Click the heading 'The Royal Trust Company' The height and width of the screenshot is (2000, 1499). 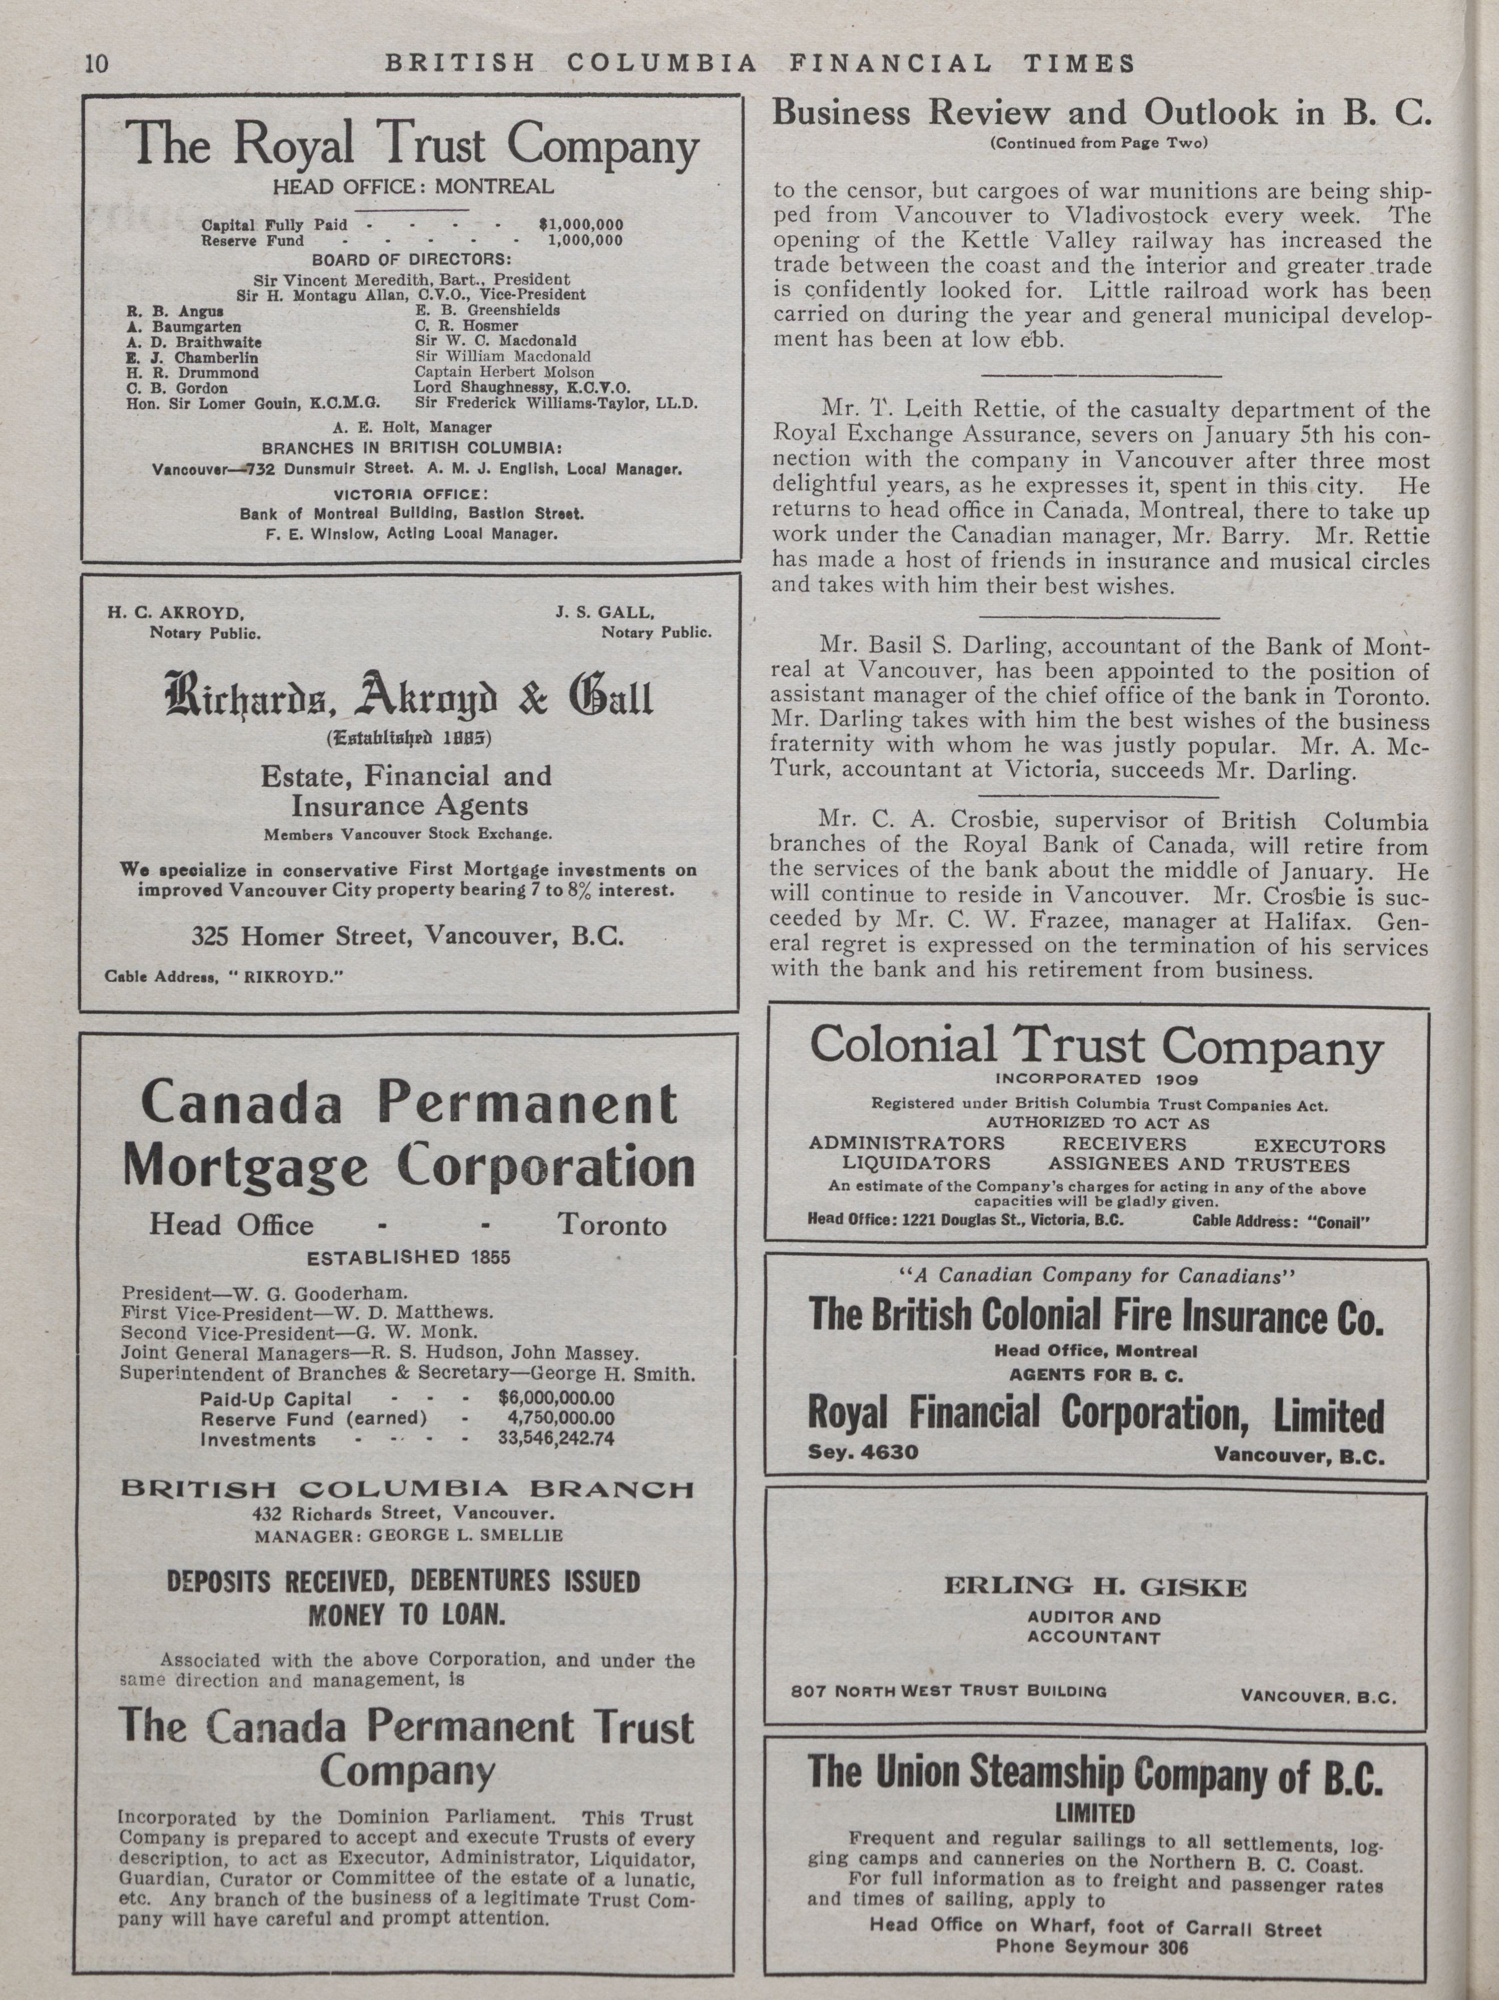click(411, 145)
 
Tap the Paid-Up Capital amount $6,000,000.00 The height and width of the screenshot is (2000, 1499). click(556, 1398)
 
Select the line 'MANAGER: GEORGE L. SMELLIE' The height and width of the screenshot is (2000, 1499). click(409, 1535)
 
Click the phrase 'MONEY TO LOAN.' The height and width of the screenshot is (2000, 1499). click(404, 1614)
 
